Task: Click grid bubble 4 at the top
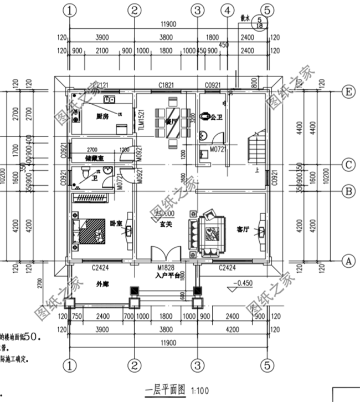[227, 10]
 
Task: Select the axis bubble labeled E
[348, 93]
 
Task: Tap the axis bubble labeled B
[348, 191]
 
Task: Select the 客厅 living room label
[243, 228]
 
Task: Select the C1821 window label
[166, 85]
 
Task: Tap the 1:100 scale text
[200, 390]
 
